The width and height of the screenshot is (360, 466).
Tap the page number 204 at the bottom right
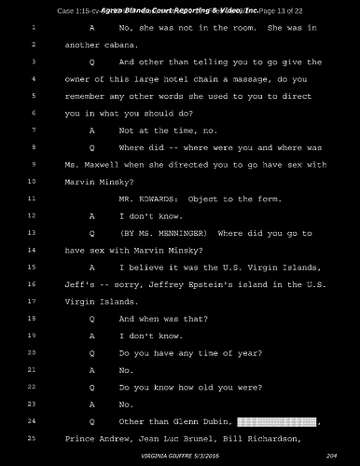tap(332, 455)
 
